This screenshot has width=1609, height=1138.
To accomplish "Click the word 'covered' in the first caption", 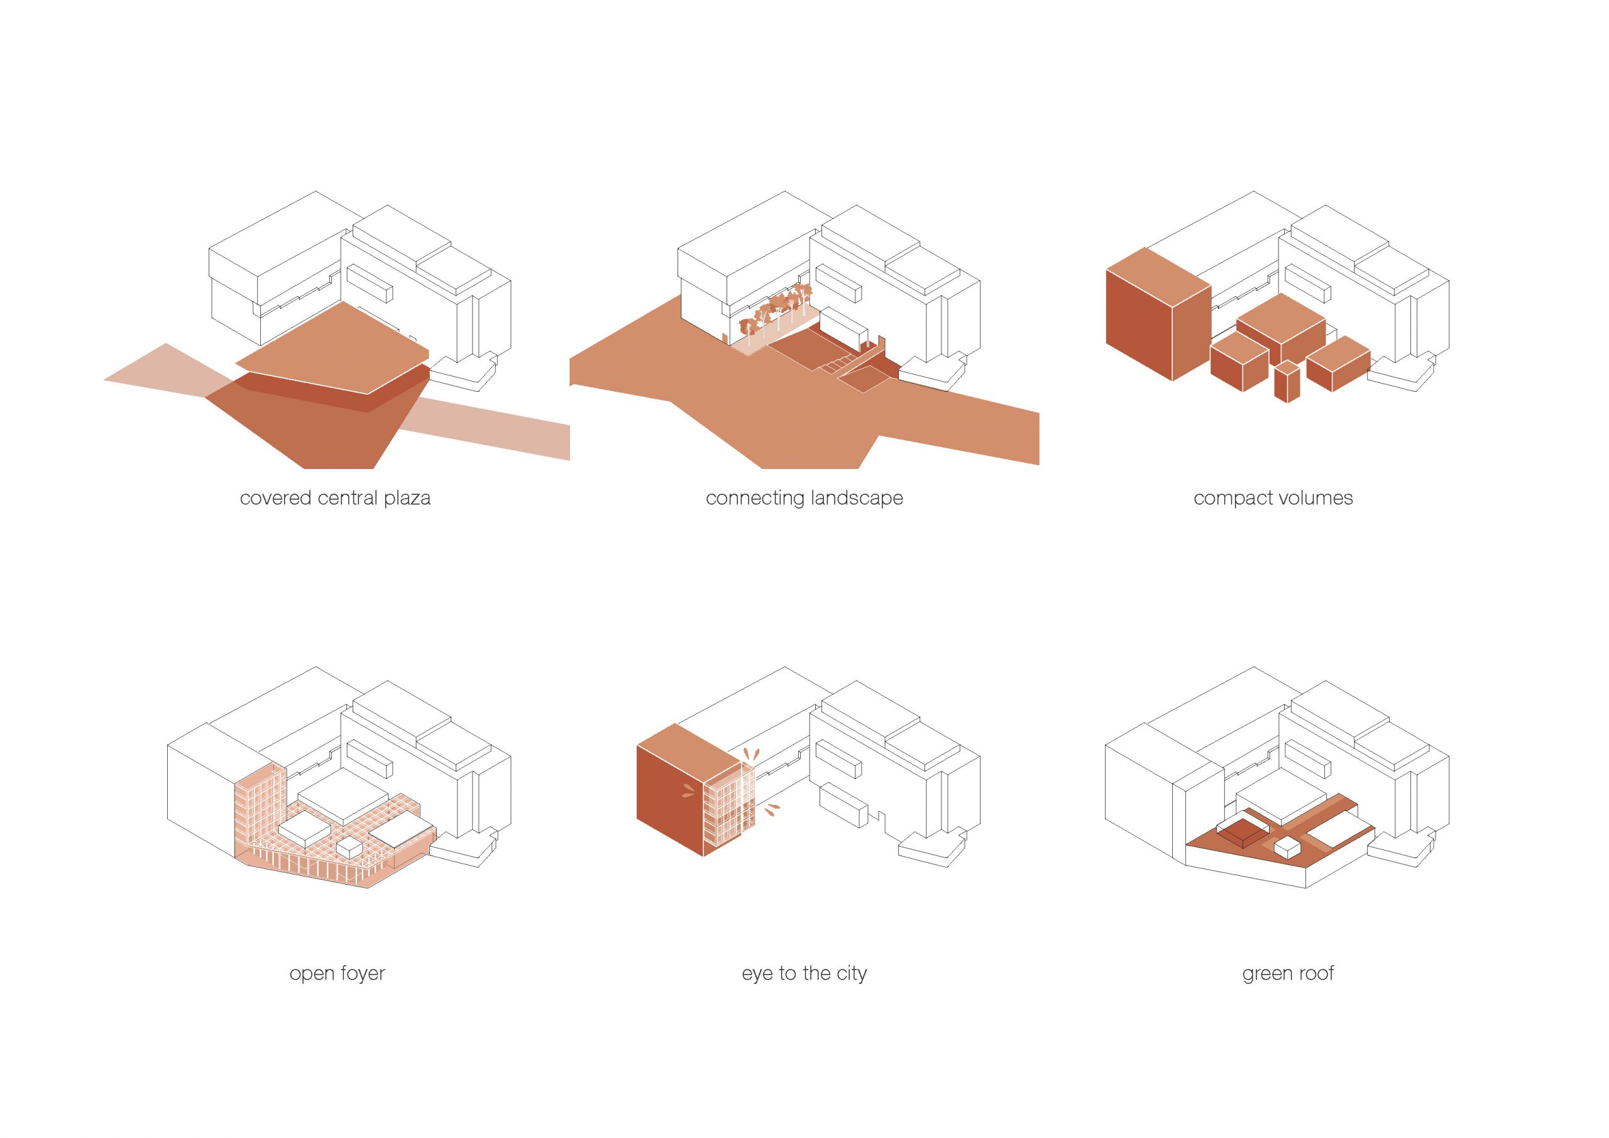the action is [275, 499].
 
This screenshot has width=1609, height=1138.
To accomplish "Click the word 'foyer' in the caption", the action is [361, 975].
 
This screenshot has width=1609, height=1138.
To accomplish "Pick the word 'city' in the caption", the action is [852, 975].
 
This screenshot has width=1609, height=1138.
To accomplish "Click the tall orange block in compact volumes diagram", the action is [1158, 314].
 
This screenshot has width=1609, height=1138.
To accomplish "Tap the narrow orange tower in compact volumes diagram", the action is [1287, 382].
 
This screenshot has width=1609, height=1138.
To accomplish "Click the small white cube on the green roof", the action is [1287, 848].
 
